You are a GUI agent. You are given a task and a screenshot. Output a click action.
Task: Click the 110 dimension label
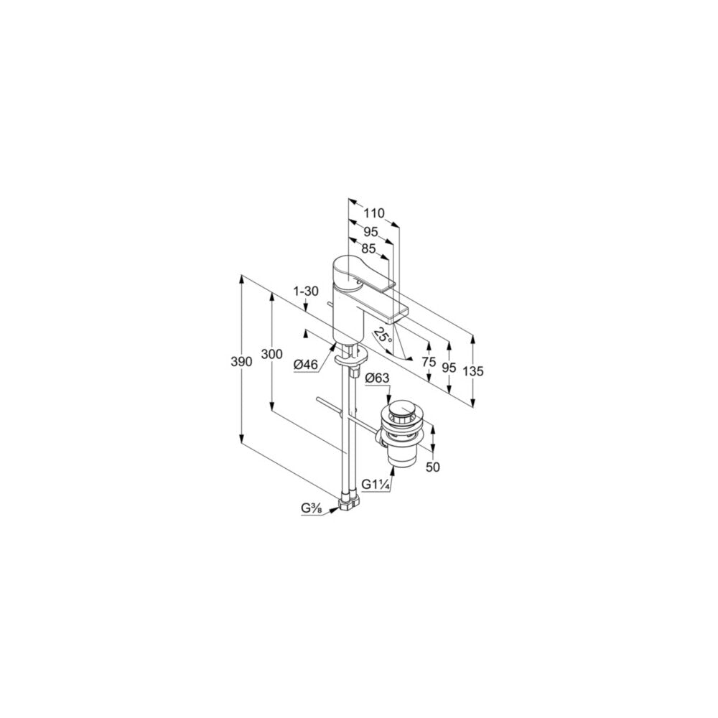coord(374,213)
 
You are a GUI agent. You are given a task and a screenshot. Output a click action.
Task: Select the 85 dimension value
coord(368,248)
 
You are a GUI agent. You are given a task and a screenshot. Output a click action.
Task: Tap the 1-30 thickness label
coord(305,292)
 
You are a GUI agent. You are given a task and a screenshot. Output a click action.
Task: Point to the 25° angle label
coord(383,335)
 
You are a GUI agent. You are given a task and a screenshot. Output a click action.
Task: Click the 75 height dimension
coord(429,362)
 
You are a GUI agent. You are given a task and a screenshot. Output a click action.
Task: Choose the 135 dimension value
coord(473,371)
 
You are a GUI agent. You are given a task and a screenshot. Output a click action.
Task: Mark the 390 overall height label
coord(242,362)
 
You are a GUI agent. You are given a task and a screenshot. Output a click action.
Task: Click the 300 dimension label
coord(272,354)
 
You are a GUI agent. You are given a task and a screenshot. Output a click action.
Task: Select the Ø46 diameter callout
coord(306,365)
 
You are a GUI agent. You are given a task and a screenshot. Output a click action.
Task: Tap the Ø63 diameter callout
coord(378,378)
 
